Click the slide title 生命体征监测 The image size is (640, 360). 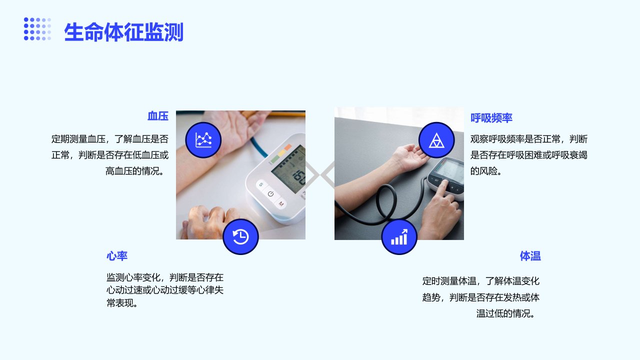[123, 32]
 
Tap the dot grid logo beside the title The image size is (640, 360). [37, 29]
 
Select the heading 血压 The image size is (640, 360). [157, 116]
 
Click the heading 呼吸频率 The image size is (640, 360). [491, 117]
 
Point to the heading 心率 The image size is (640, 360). [117, 255]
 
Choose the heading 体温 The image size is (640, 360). [530, 256]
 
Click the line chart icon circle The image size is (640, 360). [203, 140]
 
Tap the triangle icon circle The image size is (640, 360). [436, 140]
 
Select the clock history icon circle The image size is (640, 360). [240, 236]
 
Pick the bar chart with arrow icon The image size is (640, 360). [399, 236]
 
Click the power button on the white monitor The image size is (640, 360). [270, 194]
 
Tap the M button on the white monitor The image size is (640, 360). [281, 203]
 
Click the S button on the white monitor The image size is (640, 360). [261, 184]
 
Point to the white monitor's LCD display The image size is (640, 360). [288, 169]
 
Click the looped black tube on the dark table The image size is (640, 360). [386, 203]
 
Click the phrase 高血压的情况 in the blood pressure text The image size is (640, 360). [132, 171]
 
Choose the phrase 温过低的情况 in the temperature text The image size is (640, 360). [503, 313]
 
